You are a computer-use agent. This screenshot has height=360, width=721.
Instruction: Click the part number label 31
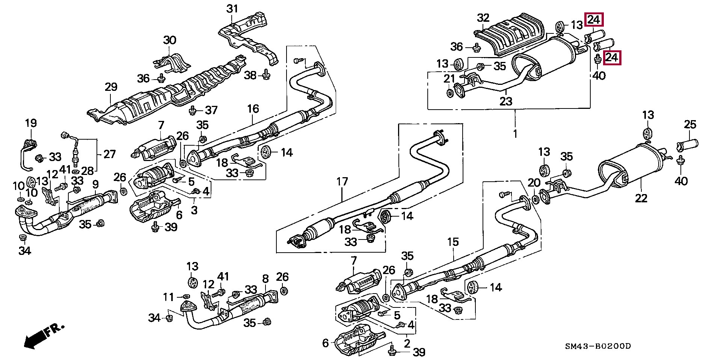point(232,9)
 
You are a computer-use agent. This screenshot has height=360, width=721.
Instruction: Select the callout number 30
point(169,40)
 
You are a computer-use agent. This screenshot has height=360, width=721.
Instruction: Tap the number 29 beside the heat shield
point(111,87)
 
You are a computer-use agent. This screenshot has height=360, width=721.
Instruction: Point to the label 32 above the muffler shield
point(483,18)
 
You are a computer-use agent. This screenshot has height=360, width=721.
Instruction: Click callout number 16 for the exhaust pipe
point(253,109)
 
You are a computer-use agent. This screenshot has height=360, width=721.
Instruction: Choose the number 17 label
point(342,182)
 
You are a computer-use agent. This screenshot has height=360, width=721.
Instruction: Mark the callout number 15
point(453,242)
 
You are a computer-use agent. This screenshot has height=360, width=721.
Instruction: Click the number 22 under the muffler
point(641,198)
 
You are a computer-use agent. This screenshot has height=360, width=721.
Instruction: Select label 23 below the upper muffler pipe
point(506,101)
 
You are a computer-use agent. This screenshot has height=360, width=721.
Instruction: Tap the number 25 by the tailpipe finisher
point(690,125)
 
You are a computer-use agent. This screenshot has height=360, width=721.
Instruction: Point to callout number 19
point(31,123)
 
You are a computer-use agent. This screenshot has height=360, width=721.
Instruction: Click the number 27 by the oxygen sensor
point(109,154)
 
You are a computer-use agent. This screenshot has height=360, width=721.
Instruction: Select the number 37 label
point(211,110)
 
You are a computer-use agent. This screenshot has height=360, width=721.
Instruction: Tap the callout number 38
point(250,75)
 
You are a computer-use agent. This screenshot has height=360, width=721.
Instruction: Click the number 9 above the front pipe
point(95,184)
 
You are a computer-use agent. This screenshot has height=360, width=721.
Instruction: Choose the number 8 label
point(265,279)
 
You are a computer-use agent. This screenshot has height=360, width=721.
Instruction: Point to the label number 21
point(449,79)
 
